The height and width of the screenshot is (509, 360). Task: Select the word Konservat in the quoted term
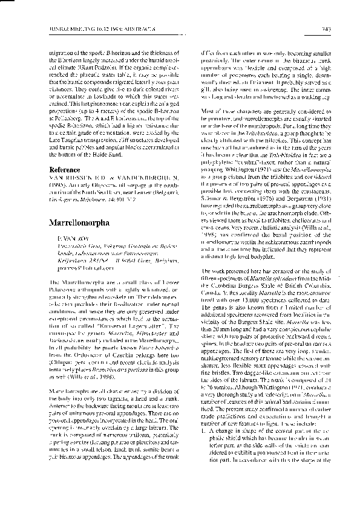(84, 328)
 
